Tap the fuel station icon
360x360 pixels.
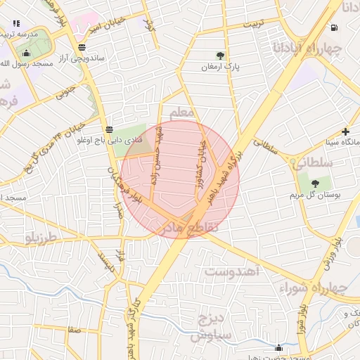pos(333,28)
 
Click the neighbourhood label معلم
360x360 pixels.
pos(181,111)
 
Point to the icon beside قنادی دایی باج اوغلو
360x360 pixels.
pos(109,129)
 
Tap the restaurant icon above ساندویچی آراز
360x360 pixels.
pos(83,47)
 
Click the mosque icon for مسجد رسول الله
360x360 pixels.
pos(27,53)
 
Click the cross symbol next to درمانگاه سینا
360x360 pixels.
pos(345,131)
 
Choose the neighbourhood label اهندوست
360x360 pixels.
pos(232,270)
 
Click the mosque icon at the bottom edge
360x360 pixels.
pos(279,347)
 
